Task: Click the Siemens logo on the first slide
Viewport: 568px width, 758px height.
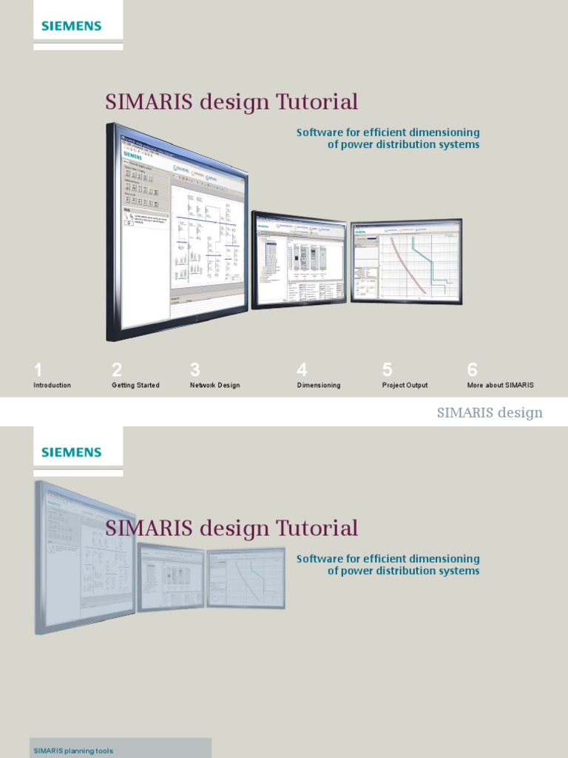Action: click(x=71, y=26)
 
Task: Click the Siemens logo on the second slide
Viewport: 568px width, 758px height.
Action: click(x=71, y=452)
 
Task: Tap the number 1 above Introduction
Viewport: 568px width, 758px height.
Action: click(x=38, y=369)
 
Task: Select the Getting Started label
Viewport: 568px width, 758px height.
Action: click(x=135, y=386)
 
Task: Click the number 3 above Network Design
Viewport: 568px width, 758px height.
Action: click(x=195, y=369)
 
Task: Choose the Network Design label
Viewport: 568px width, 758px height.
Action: click(x=214, y=386)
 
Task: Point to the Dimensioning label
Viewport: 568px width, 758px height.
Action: click(x=319, y=386)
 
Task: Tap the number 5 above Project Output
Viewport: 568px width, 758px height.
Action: click(x=388, y=369)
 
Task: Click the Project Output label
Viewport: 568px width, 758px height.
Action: click(x=405, y=386)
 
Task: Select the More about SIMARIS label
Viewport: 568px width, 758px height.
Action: click(x=500, y=386)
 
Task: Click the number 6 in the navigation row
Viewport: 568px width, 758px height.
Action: click(x=473, y=369)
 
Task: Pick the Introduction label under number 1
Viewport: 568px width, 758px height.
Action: click(x=52, y=386)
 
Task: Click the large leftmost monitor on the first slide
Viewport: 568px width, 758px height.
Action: click(x=177, y=229)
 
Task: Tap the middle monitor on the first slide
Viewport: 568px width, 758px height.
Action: click(x=299, y=259)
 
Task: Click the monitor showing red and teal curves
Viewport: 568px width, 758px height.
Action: click(x=406, y=261)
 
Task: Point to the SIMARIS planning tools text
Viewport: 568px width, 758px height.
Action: click(x=73, y=751)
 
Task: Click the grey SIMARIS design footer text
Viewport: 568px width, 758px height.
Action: click(x=490, y=413)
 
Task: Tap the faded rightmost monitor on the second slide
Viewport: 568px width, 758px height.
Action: click(x=245, y=577)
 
